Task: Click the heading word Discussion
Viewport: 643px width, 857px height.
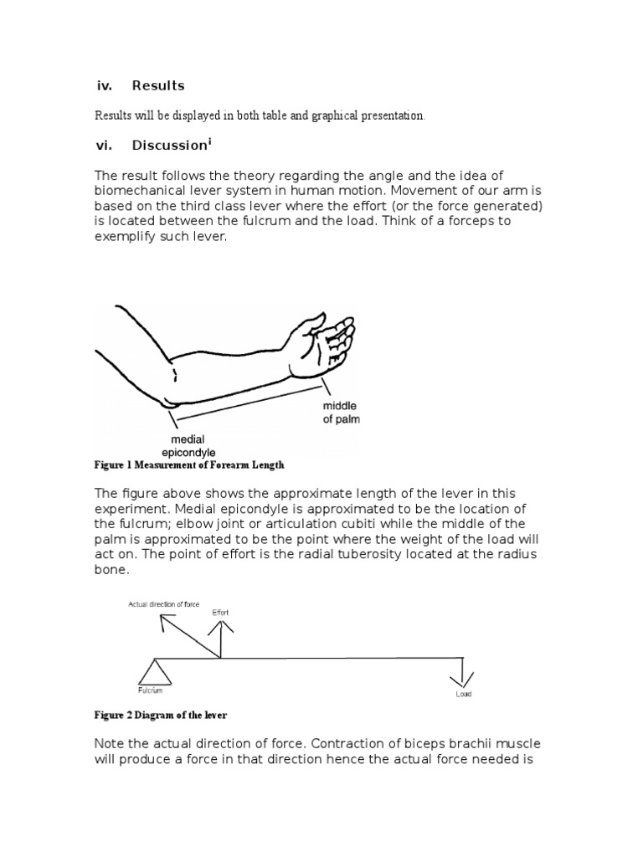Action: [x=168, y=146]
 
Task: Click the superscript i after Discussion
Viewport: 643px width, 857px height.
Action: [x=209, y=141]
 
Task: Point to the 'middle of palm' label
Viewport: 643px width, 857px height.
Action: [x=341, y=412]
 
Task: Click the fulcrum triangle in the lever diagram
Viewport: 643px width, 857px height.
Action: [x=155, y=671]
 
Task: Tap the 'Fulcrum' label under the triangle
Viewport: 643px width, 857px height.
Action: [x=151, y=690]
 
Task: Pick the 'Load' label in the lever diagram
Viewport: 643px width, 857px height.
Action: [x=463, y=695]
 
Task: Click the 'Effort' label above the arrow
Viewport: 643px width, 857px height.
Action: [x=220, y=612]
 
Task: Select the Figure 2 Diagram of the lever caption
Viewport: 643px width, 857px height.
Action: [x=160, y=716]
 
